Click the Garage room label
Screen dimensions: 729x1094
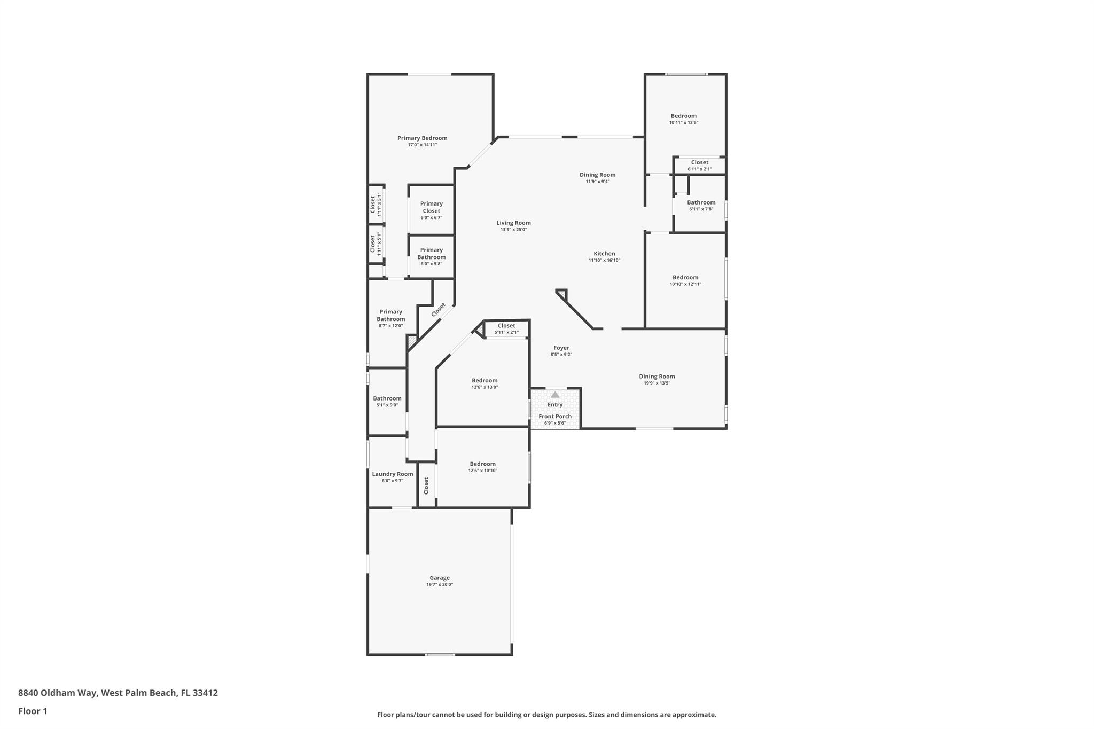(440, 578)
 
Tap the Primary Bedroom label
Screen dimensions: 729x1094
(422, 138)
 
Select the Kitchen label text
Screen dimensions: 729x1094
(604, 254)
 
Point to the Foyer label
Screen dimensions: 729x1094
(561, 348)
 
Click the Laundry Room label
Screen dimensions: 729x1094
(392, 474)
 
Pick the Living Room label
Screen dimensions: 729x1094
(513, 223)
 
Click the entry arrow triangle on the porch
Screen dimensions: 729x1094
(555, 395)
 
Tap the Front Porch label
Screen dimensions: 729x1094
(555, 416)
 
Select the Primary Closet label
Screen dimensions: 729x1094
(431, 207)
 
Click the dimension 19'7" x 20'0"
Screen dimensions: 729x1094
(440, 585)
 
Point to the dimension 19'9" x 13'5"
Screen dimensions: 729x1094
(657, 383)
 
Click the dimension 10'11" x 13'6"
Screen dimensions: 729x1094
(683, 123)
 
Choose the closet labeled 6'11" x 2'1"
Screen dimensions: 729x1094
(699, 166)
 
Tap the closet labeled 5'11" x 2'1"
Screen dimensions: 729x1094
(506, 328)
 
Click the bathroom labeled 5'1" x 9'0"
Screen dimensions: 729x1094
(387, 401)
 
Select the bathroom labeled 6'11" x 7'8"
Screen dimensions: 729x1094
(701, 205)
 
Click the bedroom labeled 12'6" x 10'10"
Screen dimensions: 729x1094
(482, 467)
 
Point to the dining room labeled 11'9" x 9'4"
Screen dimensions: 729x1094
(597, 177)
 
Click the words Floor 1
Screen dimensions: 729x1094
(33, 711)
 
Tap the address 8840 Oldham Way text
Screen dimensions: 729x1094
(57, 693)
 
